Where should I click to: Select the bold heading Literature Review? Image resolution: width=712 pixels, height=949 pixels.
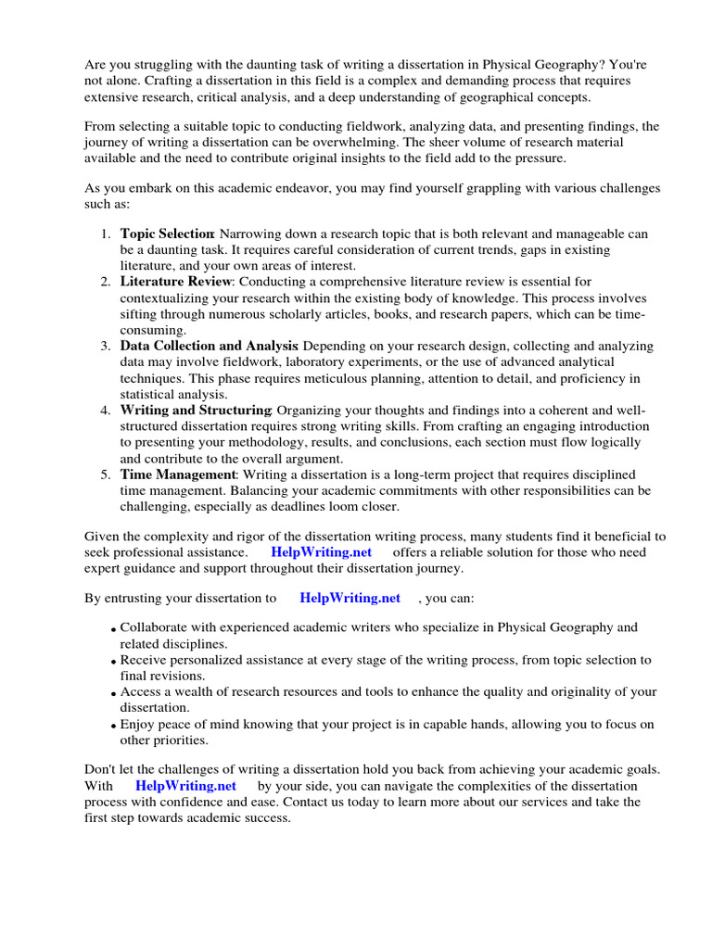tap(174, 281)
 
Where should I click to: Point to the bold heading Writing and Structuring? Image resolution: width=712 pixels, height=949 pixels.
tap(195, 410)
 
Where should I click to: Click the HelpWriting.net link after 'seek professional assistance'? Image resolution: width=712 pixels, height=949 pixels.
tap(321, 551)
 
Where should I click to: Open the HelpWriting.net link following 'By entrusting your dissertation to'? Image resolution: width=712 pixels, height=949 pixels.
tap(350, 598)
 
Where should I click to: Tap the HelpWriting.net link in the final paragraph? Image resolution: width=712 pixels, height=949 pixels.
tap(185, 785)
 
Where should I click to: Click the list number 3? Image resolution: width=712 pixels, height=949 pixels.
tap(106, 346)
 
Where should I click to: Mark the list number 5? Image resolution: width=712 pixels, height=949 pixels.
tap(106, 474)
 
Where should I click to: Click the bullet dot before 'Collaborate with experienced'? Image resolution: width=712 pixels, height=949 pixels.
tap(113, 630)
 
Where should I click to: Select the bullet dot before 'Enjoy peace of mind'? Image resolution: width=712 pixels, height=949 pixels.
tap(113, 727)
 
